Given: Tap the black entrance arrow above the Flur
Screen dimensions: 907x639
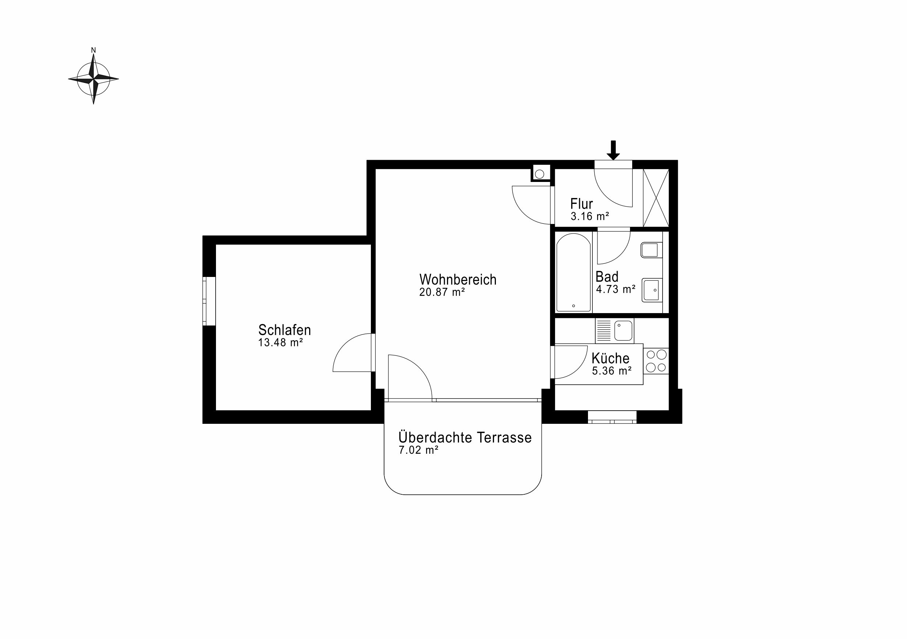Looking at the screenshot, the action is point(613,151).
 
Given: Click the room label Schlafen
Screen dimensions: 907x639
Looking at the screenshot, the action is point(284,330).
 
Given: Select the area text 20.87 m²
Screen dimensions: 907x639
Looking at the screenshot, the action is point(442,292).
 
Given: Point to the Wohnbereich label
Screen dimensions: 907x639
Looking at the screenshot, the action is point(458,279).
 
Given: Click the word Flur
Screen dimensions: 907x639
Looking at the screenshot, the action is point(581,204).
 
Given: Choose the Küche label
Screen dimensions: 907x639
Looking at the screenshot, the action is point(610,358).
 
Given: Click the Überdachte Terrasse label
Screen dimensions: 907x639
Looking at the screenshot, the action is point(465,437).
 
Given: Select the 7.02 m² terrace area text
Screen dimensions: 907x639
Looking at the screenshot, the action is point(419,450).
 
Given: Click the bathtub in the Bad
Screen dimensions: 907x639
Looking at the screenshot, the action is point(574,273).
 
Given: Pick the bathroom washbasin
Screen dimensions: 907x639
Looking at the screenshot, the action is point(652,290).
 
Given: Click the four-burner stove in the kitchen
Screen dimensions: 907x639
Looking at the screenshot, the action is point(656,361).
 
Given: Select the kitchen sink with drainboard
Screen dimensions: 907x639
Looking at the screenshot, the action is point(614,331).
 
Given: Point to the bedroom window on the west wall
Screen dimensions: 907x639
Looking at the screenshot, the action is point(209,301).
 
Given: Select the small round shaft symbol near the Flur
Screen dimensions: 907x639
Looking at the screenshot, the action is point(540,174).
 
